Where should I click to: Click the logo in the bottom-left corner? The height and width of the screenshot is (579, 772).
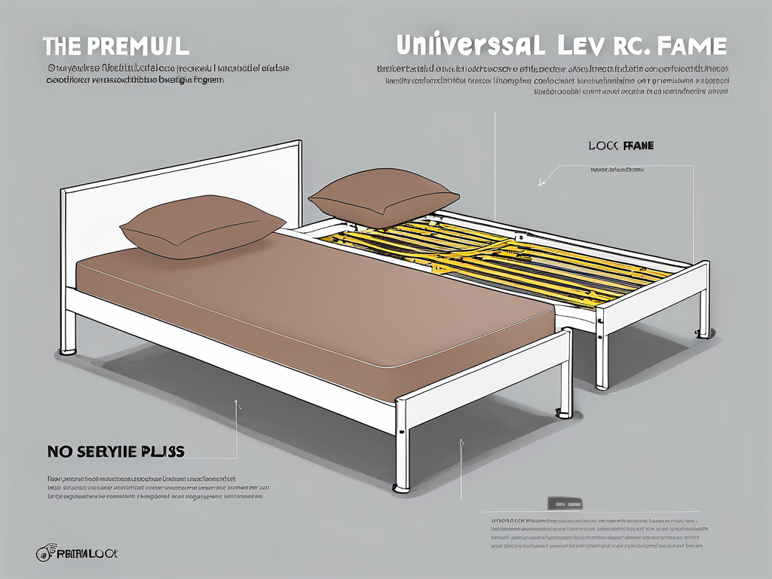click(x=75, y=554)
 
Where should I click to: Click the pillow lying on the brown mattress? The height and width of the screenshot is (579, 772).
click(x=202, y=225)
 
